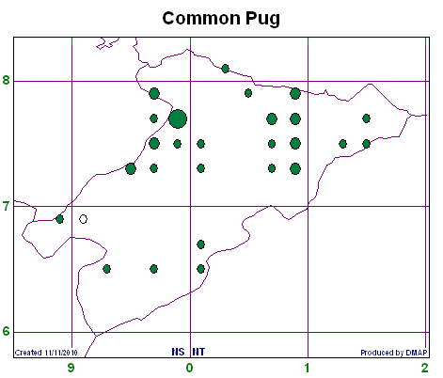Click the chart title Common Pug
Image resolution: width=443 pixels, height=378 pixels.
tap(221, 18)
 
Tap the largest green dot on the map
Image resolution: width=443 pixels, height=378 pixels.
tap(178, 118)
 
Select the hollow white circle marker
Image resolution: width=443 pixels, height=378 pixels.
tap(83, 219)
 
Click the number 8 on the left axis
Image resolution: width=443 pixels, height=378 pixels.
tap(6, 80)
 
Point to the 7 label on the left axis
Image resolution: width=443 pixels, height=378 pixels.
tap(6, 207)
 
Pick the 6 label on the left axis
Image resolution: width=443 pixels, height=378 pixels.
tap(6, 332)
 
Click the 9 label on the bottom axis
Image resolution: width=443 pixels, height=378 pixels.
tap(71, 368)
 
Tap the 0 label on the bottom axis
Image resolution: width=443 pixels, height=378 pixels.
tap(189, 368)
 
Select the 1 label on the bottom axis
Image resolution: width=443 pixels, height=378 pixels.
tap(308, 368)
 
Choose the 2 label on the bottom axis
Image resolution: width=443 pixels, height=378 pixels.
tap(425, 368)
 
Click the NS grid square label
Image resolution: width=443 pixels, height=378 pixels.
tap(178, 352)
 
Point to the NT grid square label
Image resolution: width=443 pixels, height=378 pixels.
tap(198, 352)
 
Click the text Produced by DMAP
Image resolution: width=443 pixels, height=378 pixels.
tap(394, 353)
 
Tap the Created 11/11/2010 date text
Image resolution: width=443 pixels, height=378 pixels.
tap(46, 353)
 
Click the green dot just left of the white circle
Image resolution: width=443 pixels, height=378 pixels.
tap(59, 219)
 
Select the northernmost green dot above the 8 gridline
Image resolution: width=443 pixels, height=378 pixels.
tap(225, 69)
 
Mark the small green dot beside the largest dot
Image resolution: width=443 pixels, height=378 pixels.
tap(153, 118)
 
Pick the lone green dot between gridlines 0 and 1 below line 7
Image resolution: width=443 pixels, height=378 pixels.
tap(201, 244)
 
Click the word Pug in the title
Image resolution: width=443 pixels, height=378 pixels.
tap(262, 19)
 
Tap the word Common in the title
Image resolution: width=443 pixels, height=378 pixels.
tap(201, 18)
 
